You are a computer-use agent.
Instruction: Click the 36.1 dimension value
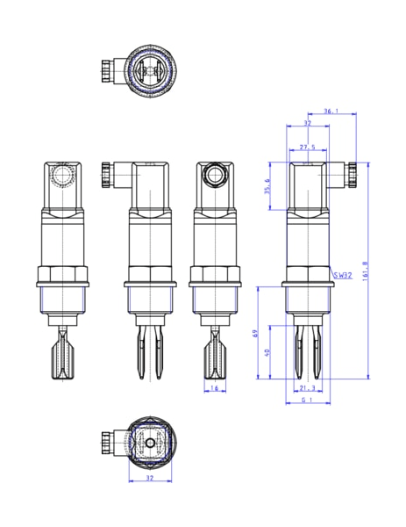[x=331, y=112]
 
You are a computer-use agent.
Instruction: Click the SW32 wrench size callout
[x=342, y=275]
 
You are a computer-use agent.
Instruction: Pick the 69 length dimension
[x=254, y=335]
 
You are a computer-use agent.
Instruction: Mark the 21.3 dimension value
[x=307, y=387]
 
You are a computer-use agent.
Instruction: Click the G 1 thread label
[x=307, y=401]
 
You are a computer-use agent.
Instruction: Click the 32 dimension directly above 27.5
[x=306, y=124]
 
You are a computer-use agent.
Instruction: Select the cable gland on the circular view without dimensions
[x=108, y=69]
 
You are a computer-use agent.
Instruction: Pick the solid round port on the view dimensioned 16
[x=215, y=176]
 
